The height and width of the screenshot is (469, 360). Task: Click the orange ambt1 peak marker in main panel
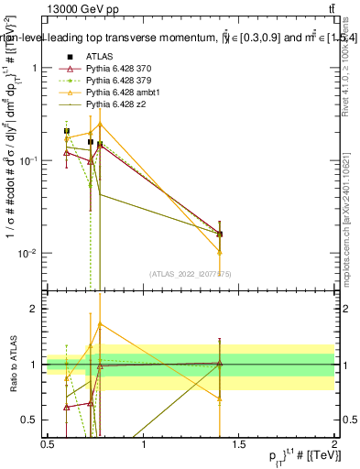coord(100,124)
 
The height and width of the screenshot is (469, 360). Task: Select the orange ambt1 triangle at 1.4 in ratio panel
coord(220,398)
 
